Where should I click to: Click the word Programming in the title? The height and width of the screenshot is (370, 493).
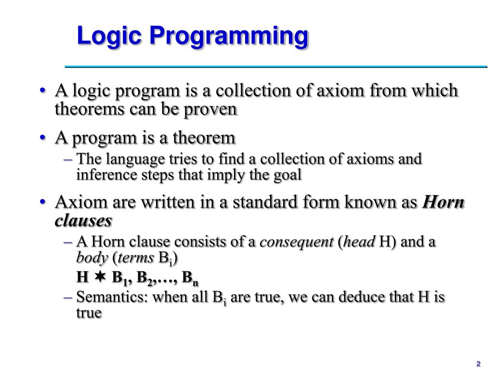228,37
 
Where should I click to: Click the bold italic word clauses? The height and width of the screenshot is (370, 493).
83,221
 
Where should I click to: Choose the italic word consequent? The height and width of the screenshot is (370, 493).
297,242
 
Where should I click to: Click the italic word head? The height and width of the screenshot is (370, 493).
359,242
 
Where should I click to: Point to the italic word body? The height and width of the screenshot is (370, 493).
92,258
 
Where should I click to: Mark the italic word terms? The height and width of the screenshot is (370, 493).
135,258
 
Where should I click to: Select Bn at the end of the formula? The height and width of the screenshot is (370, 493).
190,278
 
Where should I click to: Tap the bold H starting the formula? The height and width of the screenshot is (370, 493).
82,277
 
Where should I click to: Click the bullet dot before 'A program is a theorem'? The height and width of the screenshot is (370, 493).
43,138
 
